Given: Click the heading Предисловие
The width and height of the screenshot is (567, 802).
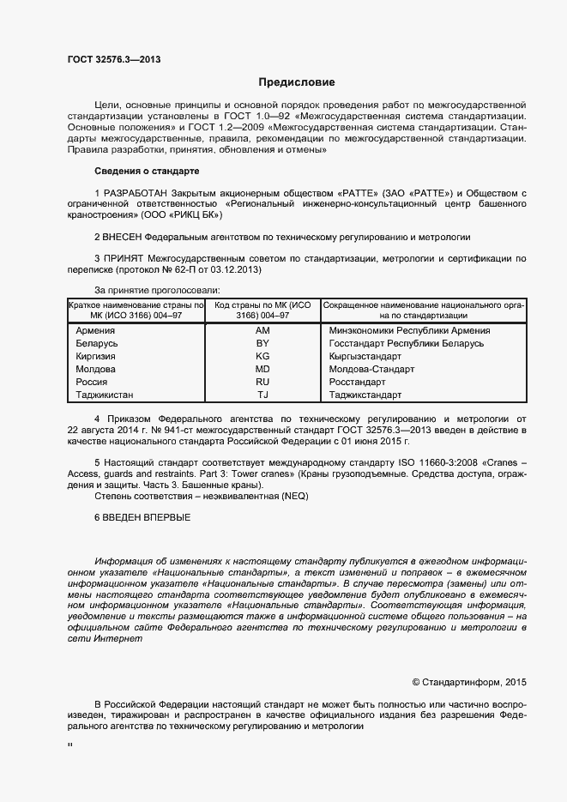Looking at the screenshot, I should click(297, 83).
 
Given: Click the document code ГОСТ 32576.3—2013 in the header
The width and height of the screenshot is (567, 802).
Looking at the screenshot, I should click(113, 60).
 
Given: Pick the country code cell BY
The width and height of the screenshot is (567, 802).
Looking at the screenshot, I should click(262, 343).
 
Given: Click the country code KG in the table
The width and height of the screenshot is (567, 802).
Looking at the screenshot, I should click(262, 356).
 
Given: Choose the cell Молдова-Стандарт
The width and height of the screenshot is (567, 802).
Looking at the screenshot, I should click(371, 369).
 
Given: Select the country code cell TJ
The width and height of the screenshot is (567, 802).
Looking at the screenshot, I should click(262, 395).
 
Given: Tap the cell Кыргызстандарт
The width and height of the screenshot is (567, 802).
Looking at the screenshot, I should click(365, 356).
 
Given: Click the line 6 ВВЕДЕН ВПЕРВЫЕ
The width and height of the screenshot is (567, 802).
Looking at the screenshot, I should click(142, 517).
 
